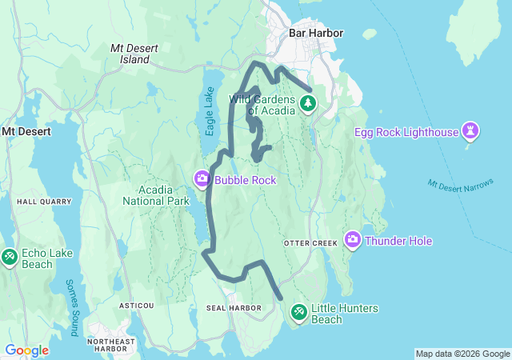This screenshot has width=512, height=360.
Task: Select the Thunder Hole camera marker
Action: (x=353, y=239)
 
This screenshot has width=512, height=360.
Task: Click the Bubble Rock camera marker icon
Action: (x=202, y=178)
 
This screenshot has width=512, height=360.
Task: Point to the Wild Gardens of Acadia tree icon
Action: (x=307, y=103)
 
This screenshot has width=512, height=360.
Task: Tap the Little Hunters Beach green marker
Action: (x=299, y=311)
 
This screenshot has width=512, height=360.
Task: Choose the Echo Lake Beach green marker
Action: (x=10, y=257)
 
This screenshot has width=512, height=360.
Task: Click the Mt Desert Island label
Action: (x=130, y=54)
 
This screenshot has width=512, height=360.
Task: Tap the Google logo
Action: (x=26, y=350)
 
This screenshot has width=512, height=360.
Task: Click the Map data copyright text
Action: (x=462, y=354)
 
